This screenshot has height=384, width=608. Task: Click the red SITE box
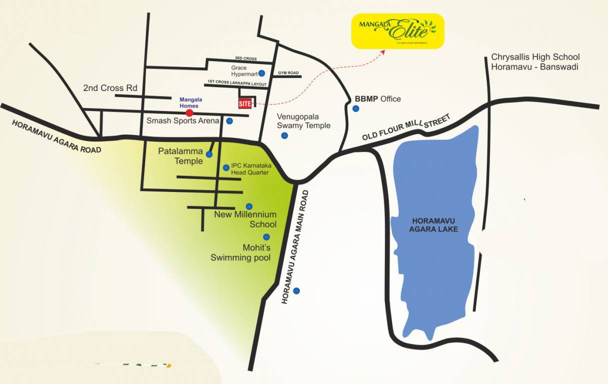tap(245, 103)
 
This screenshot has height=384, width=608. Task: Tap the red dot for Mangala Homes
tap(190, 113)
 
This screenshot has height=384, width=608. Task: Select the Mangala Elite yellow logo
tap(398, 31)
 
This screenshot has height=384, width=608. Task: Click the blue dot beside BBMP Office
tap(356, 108)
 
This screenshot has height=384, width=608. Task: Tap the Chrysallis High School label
tap(535, 62)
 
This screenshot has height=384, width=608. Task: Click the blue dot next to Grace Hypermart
tap(262, 73)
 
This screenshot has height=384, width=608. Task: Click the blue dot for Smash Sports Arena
tap(229, 121)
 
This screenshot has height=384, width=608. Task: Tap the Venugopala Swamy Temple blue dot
tap(284, 135)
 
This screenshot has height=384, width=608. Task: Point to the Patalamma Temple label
tap(181, 155)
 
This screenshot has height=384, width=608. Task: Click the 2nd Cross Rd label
tap(110, 88)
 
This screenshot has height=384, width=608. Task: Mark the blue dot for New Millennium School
tap(249, 206)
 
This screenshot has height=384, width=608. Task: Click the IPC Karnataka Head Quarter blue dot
tap(226, 167)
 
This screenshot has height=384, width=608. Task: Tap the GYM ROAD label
tap(288, 73)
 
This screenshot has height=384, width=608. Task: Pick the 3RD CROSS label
tap(246, 59)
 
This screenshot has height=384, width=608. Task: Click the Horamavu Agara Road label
tap(56, 136)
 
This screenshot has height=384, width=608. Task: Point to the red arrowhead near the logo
tap(383, 51)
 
